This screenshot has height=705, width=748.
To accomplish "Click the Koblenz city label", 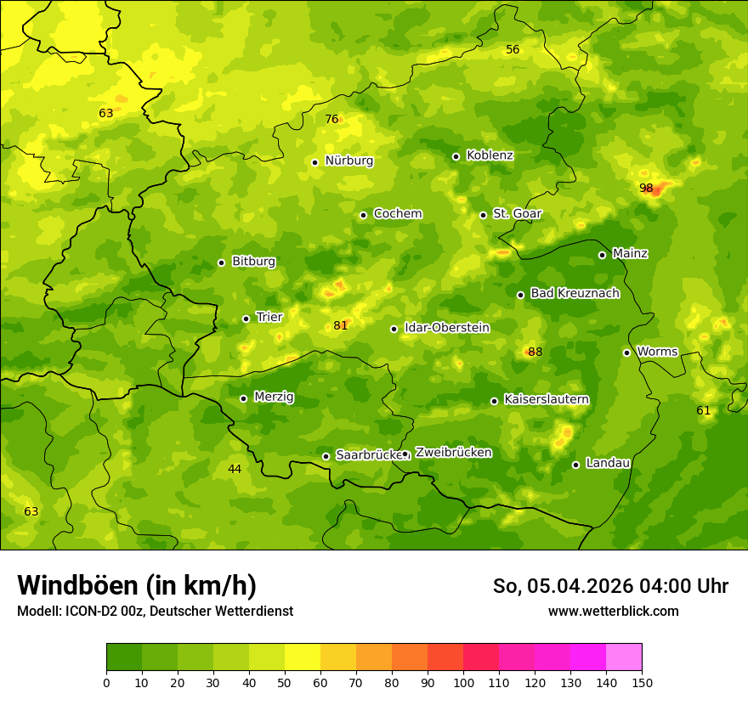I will tap(490, 155).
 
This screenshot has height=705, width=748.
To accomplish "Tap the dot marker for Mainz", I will tap(602, 255).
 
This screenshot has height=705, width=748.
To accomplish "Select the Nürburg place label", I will tap(348, 161).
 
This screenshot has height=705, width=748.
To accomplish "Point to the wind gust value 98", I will tap(646, 188).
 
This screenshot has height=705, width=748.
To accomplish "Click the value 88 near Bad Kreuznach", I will tap(535, 352).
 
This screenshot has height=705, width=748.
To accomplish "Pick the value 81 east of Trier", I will tap(341, 325).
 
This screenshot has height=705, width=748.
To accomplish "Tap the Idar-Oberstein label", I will tap(446, 328).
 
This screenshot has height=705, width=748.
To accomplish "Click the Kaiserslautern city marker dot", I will tap(494, 401).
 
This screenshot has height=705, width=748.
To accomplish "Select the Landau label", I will tap(608, 463).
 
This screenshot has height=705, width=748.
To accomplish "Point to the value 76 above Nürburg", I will tap(331, 120).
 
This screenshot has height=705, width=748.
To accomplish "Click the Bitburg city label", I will tap(253, 262).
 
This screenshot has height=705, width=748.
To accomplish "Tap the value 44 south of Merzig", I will tap(235, 469).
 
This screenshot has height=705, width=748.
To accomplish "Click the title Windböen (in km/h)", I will tap(137, 585).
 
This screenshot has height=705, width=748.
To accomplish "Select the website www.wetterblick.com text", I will tap(613, 611).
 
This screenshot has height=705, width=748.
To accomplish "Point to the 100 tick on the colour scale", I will tap(463, 681).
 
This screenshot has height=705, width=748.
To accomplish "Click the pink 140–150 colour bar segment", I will tap(624, 657).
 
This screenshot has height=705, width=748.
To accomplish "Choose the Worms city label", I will tap(657, 352).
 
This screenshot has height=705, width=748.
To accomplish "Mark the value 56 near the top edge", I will tap(513, 50).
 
